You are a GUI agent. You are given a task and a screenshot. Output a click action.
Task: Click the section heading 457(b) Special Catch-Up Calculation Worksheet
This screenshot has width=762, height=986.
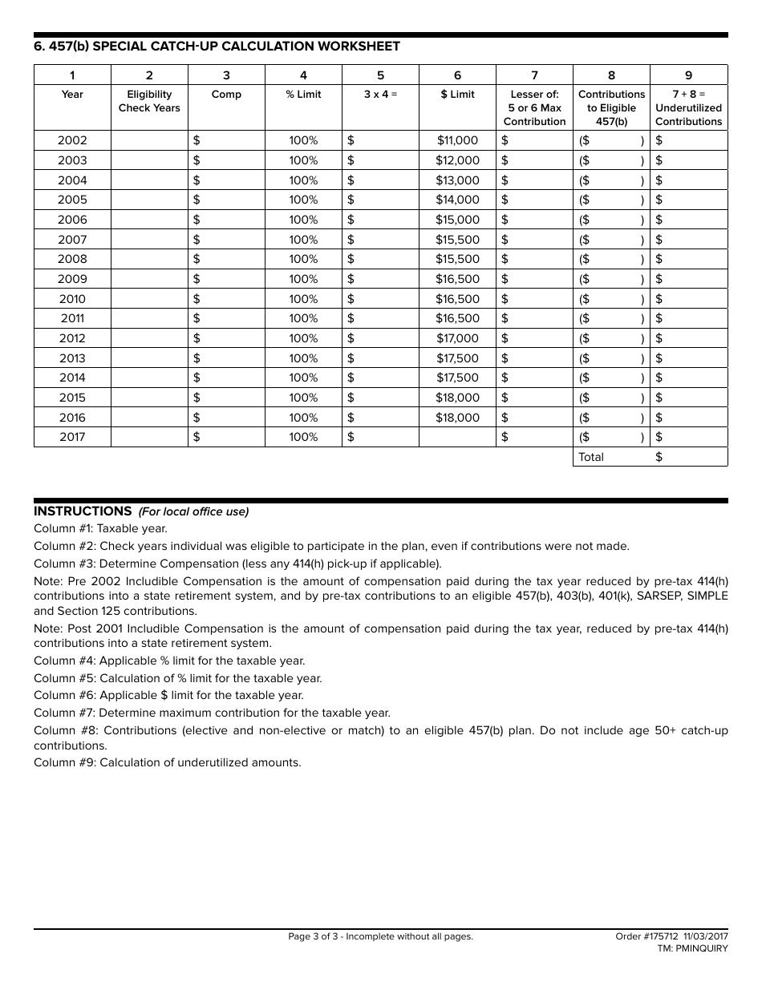coord(217,46)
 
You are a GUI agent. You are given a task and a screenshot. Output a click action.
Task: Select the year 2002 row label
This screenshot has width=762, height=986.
coord(72,140)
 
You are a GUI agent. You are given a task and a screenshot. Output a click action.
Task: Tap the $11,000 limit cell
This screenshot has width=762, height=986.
coord(457,140)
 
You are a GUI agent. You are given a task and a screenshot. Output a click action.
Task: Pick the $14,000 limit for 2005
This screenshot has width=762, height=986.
coord(457,200)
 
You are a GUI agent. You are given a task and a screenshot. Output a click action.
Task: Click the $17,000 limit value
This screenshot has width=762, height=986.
coord(457,338)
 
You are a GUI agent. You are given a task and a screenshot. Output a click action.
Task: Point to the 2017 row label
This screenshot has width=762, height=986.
coord(72,437)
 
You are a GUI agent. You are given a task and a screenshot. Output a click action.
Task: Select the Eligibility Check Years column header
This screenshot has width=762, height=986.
coord(149,101)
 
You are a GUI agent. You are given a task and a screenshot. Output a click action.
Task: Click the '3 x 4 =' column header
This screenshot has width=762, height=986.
coord(380,95)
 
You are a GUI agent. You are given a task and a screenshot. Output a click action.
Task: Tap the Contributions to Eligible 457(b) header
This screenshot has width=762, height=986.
coord(611,107)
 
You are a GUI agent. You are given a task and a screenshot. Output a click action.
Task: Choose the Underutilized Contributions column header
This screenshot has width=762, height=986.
coord(688,107)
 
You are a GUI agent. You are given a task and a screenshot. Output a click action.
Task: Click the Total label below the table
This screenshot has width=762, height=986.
coord(591,457)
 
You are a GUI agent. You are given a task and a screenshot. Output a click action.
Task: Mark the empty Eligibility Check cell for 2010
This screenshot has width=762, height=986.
coord(149,299)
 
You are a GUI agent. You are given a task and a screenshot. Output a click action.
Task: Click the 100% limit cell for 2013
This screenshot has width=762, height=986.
coord(303,358)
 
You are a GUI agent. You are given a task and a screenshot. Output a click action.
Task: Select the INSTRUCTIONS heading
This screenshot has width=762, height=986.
coord(83,511)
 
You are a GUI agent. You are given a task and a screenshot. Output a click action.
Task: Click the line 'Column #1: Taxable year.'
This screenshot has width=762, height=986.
coord(100,529)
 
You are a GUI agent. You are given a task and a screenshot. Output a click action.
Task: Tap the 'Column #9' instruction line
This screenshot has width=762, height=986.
coord(167,762)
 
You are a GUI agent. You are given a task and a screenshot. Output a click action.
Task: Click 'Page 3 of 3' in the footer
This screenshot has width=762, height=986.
coord(380,936)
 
